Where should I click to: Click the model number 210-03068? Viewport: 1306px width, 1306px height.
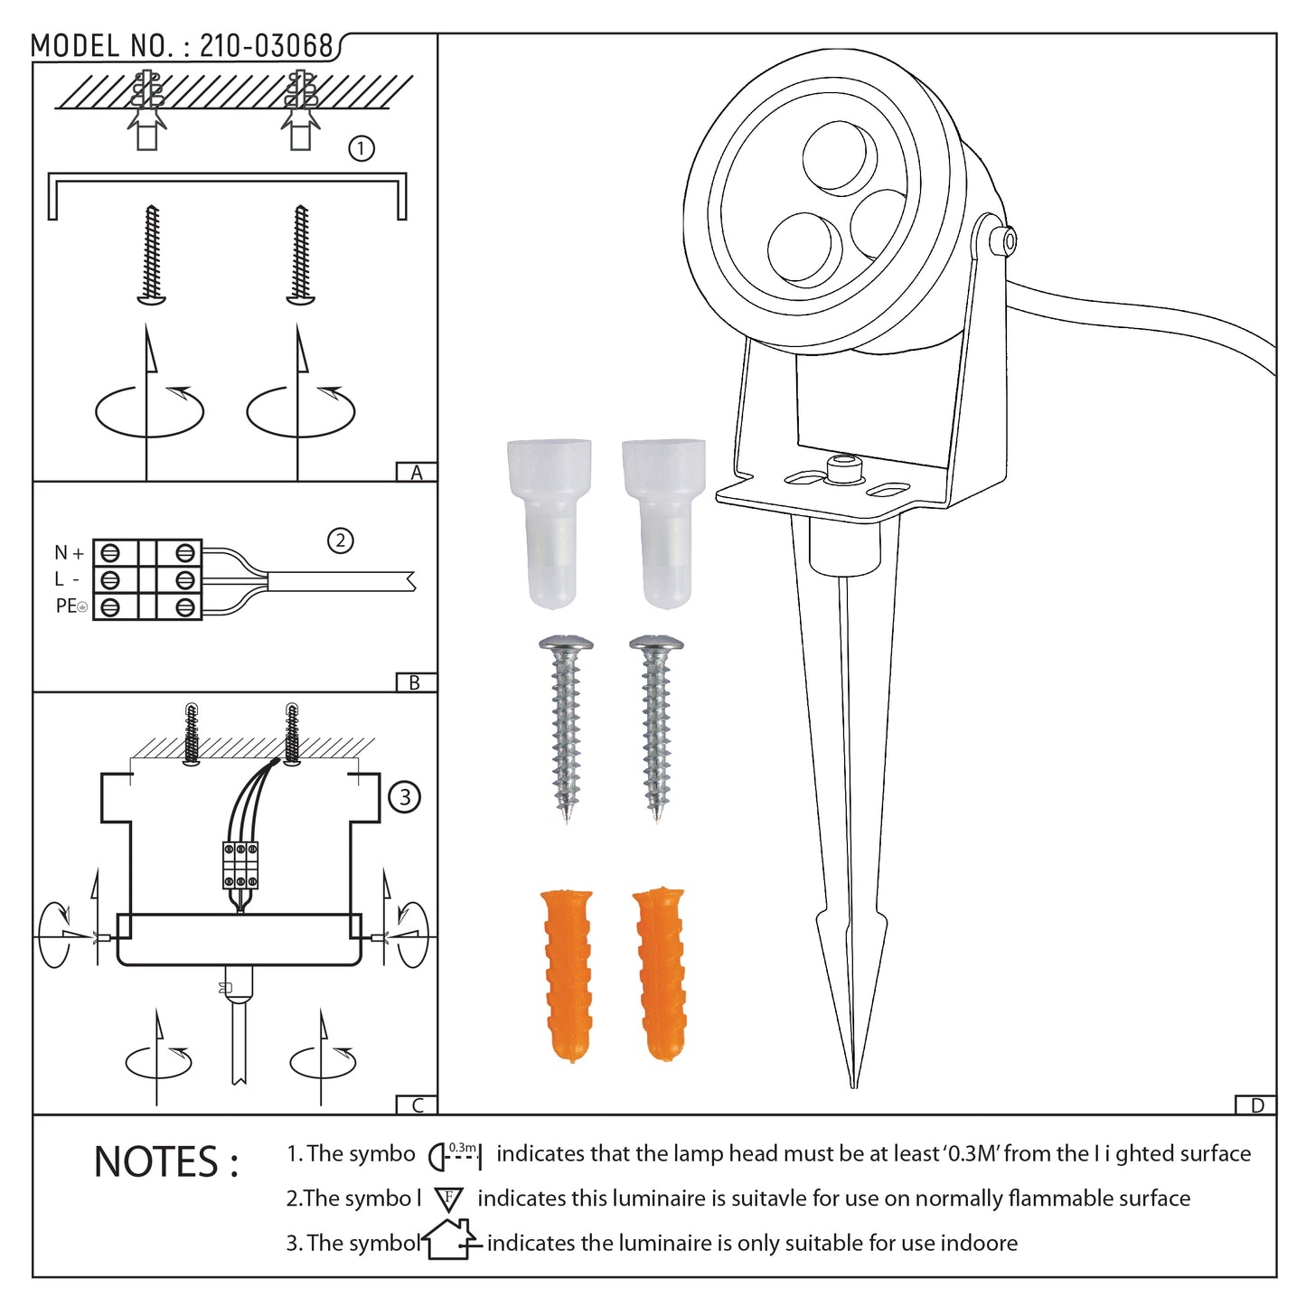coord(267,46)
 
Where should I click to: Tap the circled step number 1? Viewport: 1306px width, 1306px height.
coord(362,148)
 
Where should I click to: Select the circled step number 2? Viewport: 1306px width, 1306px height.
coord(340,540)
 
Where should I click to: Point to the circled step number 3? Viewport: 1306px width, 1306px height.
coord(405,796)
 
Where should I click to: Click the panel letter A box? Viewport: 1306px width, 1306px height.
coord(416,473)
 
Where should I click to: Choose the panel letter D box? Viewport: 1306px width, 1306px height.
coord(1256,1105)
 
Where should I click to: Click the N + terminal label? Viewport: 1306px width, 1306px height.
coord(69,553)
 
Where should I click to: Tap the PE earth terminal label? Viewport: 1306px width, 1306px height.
coord(71,606)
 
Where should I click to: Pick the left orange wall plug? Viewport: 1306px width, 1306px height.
coord(568,976)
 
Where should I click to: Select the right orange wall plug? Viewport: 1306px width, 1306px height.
coord(660,972)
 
